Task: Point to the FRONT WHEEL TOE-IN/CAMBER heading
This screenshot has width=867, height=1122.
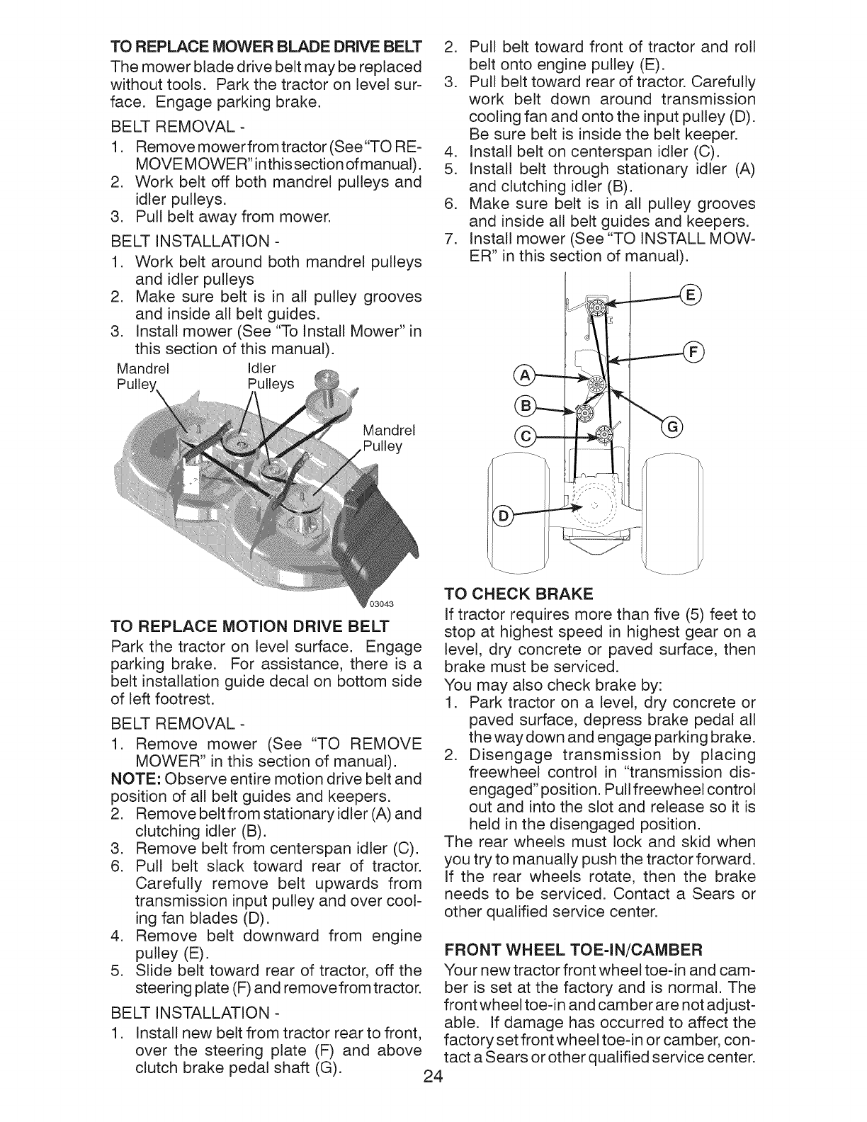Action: pyautogui.click(x=572, y=948)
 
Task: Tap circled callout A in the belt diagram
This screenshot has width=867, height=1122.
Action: pyautogui.click(x=528, y=374)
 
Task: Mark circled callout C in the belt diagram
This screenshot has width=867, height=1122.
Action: pyautogui.click(x=528, y=435)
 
